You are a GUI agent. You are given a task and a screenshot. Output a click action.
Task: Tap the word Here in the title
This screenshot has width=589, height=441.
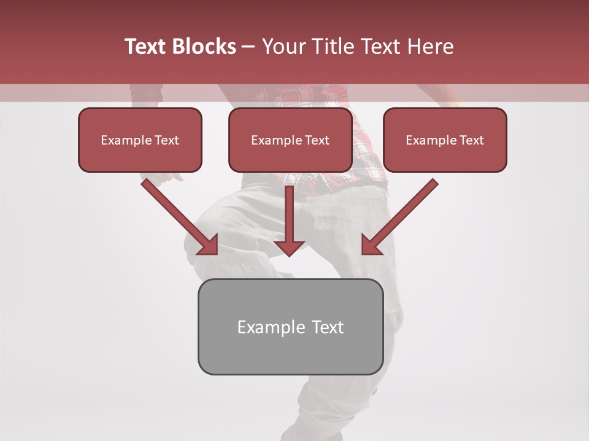429,47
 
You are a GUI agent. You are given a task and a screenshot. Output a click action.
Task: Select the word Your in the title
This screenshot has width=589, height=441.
283,47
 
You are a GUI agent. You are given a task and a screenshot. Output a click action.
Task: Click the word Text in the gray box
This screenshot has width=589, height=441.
328,327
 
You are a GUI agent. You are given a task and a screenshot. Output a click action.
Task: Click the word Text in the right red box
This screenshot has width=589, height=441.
471,140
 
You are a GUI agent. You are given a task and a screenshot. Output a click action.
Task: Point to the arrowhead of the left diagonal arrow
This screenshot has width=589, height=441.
209,246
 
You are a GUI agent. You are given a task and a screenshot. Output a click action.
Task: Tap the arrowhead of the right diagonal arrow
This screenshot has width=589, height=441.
370,246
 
